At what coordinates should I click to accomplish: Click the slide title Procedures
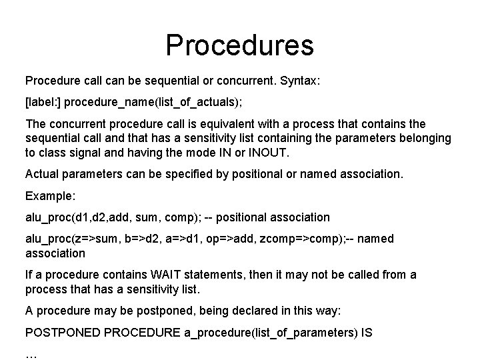coord(239,45)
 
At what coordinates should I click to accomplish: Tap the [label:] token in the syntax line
coord(43,103)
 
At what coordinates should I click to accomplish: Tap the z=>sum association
coord(101,239)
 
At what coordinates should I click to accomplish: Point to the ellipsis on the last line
coord(31,353)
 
